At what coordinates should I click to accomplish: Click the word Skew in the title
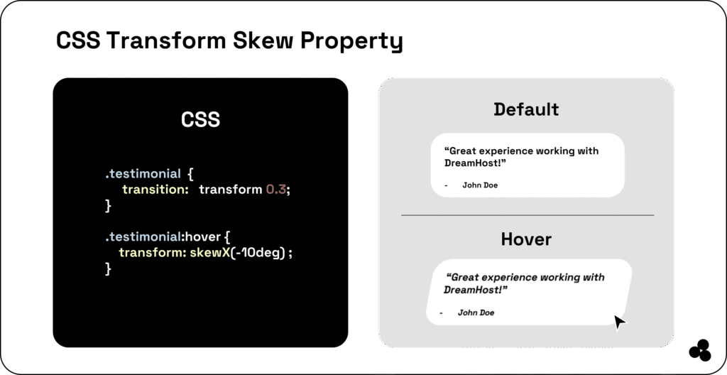coord(263,40)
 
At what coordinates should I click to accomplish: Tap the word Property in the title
coord(352,42)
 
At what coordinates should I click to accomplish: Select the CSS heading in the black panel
coord(200,119)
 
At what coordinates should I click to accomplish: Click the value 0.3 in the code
coord(276,190)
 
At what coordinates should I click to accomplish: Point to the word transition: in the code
coord(155,190)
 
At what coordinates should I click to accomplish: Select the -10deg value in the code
coord(258,254)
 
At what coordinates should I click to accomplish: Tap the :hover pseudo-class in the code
coord(200,237)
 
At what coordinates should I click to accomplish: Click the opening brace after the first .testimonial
coord(190,174)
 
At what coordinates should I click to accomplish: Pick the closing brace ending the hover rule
coord(108,268)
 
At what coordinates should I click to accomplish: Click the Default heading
coord(526,109)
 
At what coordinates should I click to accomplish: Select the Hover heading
coord(526,239)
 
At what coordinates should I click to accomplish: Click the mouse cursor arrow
coord(619,322)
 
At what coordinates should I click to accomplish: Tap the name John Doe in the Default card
coord(480,185)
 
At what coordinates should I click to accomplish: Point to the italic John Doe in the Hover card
coord(476,312)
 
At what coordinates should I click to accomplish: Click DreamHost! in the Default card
coord(475,163)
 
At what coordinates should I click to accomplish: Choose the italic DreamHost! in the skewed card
coord(476,290)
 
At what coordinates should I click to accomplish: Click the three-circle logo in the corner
coord(700,350)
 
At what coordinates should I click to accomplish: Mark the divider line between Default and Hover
coord(528,215)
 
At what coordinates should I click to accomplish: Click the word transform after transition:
coord(231,190)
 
